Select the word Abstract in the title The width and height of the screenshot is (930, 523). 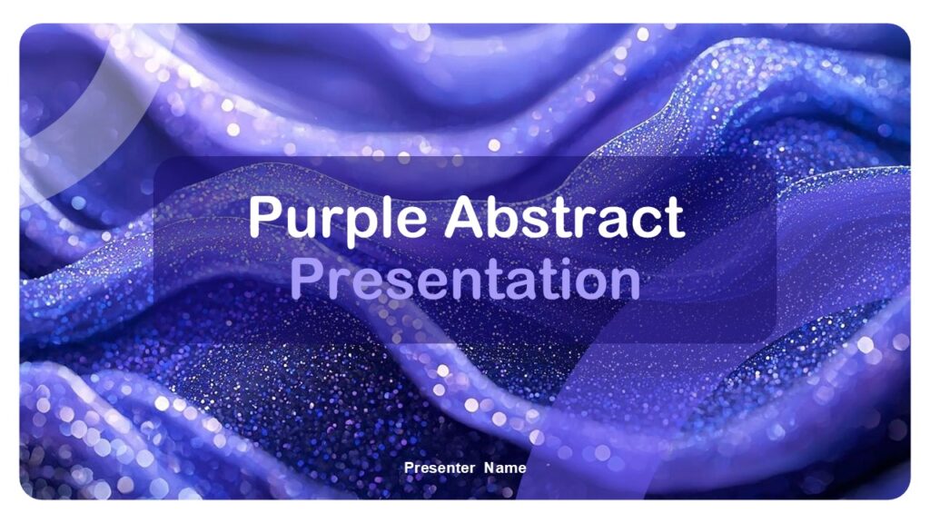(564, 217)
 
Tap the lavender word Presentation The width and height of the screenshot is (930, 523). (465, 279)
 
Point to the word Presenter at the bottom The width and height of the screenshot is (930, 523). (440, 468)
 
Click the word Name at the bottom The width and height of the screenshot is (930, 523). (505, 468)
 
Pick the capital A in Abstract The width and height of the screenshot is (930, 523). (467, 217)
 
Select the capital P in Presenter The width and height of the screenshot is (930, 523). (410, 468)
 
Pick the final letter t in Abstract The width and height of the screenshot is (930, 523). (672, 219)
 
